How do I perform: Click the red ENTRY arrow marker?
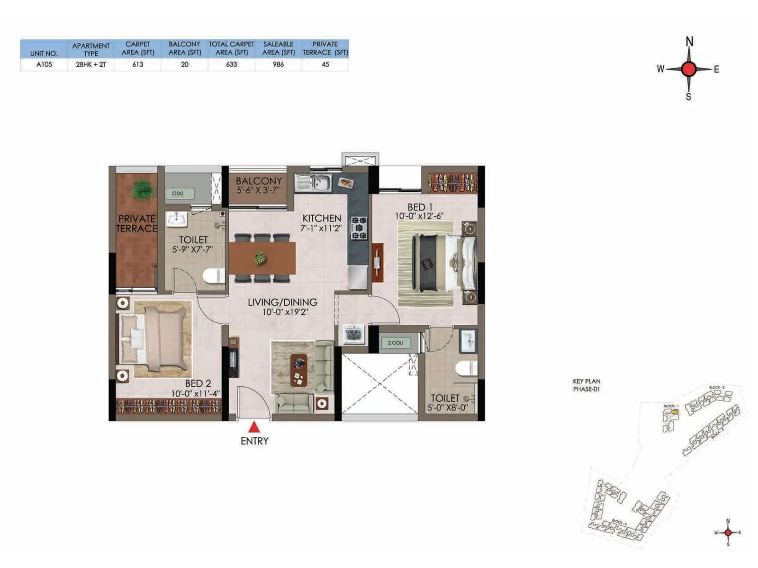tap(254, 427)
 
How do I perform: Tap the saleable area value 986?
tap(278, 64)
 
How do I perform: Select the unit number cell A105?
tap(44, 64)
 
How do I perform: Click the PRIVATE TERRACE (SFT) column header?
tap(325, 48)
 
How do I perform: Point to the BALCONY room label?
tap(259, 181)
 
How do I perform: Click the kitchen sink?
tap(314, 182)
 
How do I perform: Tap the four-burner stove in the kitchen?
tap(359, 228)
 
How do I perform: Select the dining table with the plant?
tap(262, 258)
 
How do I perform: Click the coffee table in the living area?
tap(298, 370)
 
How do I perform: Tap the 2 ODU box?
tap(396, 343)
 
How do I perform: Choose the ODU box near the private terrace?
tap(178, 193)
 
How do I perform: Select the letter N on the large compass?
tap(689, 42)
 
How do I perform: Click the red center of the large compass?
tap(689, 69)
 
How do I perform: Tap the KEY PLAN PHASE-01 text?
tap(587, 385)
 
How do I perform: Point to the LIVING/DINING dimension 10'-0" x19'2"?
tap(285, 312)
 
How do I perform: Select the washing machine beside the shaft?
tap(353, 334)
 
